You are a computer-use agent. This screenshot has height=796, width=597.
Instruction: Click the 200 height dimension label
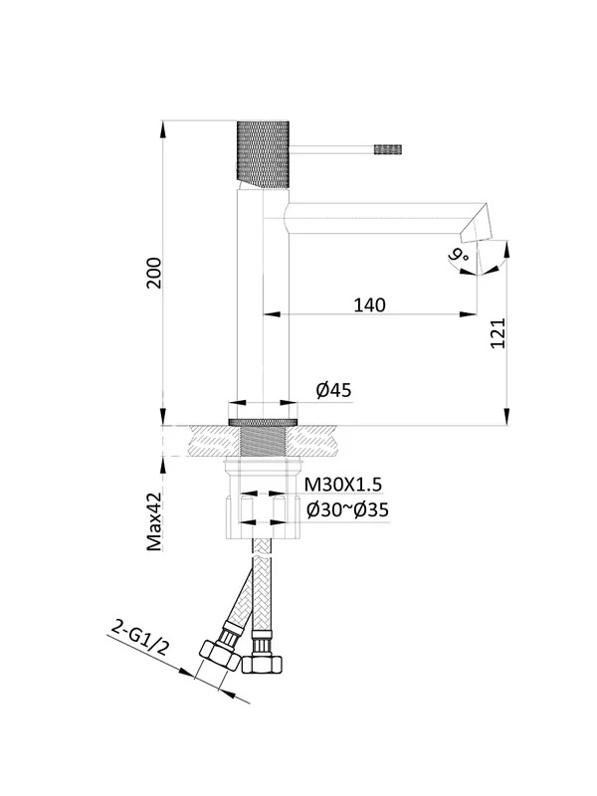(x=154, y=273)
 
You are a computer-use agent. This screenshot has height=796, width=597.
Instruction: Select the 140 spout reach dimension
(x=369, y=305)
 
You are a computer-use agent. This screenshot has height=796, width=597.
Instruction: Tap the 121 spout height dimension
(x=498, y=333)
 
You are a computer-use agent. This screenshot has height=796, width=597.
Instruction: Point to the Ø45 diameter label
(x=333, y=390)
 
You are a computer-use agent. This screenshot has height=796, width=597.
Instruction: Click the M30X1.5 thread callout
(x=342, y=485)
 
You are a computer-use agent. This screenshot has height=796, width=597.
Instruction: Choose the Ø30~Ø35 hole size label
(x=347, y=509)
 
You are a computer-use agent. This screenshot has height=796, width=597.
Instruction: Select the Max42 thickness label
(x=154, y=521)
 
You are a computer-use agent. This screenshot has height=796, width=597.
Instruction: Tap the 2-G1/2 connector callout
(x=139, y=638)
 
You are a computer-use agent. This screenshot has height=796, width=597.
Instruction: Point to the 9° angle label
(x=459, y=254)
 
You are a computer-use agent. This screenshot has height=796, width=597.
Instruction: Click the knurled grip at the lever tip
(x=388, y=149)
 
